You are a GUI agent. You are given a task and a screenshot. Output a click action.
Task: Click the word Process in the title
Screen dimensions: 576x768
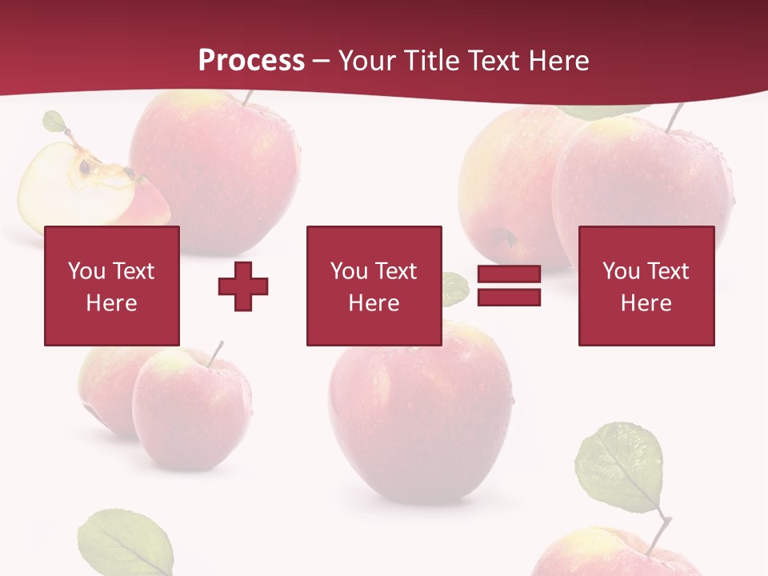coord(251,61)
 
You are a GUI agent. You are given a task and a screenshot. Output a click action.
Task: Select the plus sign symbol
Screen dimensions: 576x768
coord(243,286)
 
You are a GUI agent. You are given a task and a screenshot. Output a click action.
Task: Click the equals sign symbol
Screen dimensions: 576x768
coord(509,286)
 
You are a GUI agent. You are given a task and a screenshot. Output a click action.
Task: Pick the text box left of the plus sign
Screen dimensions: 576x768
coord(112,286)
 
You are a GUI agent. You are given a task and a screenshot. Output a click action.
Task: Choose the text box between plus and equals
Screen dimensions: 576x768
coord(374,286)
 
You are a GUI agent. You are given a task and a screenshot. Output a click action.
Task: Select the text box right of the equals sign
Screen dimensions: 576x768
coord(646,286)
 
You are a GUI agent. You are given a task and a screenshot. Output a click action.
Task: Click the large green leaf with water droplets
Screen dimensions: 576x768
coord(621,468)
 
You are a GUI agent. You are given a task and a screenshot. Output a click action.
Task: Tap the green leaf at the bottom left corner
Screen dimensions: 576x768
coord(126,544)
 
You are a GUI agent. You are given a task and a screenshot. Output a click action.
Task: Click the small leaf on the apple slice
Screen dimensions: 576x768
coord(54,122)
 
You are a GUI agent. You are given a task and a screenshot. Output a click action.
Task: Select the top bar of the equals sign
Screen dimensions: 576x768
coord(509,274)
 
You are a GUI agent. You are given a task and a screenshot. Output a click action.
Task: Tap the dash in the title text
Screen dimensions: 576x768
coord(322,61)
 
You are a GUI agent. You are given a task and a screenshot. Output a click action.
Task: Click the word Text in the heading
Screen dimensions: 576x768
coord(490,61)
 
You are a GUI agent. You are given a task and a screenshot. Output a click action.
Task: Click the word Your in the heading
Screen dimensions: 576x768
coord(366,61)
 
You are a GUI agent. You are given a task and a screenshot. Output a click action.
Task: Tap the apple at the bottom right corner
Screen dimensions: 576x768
coord(608,556)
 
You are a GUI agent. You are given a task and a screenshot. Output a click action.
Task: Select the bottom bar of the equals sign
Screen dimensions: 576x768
coord(509,298)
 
